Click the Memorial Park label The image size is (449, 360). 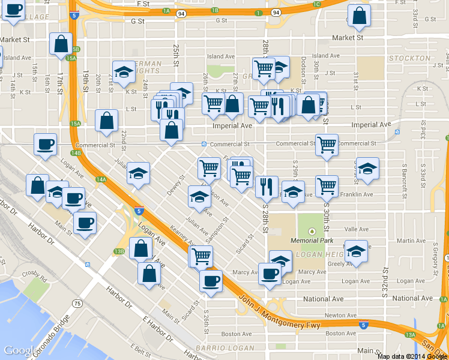[312, 241]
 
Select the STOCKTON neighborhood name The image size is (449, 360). [410, 58]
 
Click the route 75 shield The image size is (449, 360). [77, 304]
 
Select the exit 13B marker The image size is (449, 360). [119, 251]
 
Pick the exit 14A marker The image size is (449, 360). [101, 179]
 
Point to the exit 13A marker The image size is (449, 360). [411, 335]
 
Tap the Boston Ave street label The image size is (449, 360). [236, 334]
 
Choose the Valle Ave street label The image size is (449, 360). [356, 229]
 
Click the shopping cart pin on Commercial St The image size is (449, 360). [327, 144]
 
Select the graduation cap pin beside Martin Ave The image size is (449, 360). [356, 250]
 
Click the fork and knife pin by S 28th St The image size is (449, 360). [266, 186]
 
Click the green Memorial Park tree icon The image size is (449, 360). [312, 232]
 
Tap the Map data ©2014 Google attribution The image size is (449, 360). [412, 356]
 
